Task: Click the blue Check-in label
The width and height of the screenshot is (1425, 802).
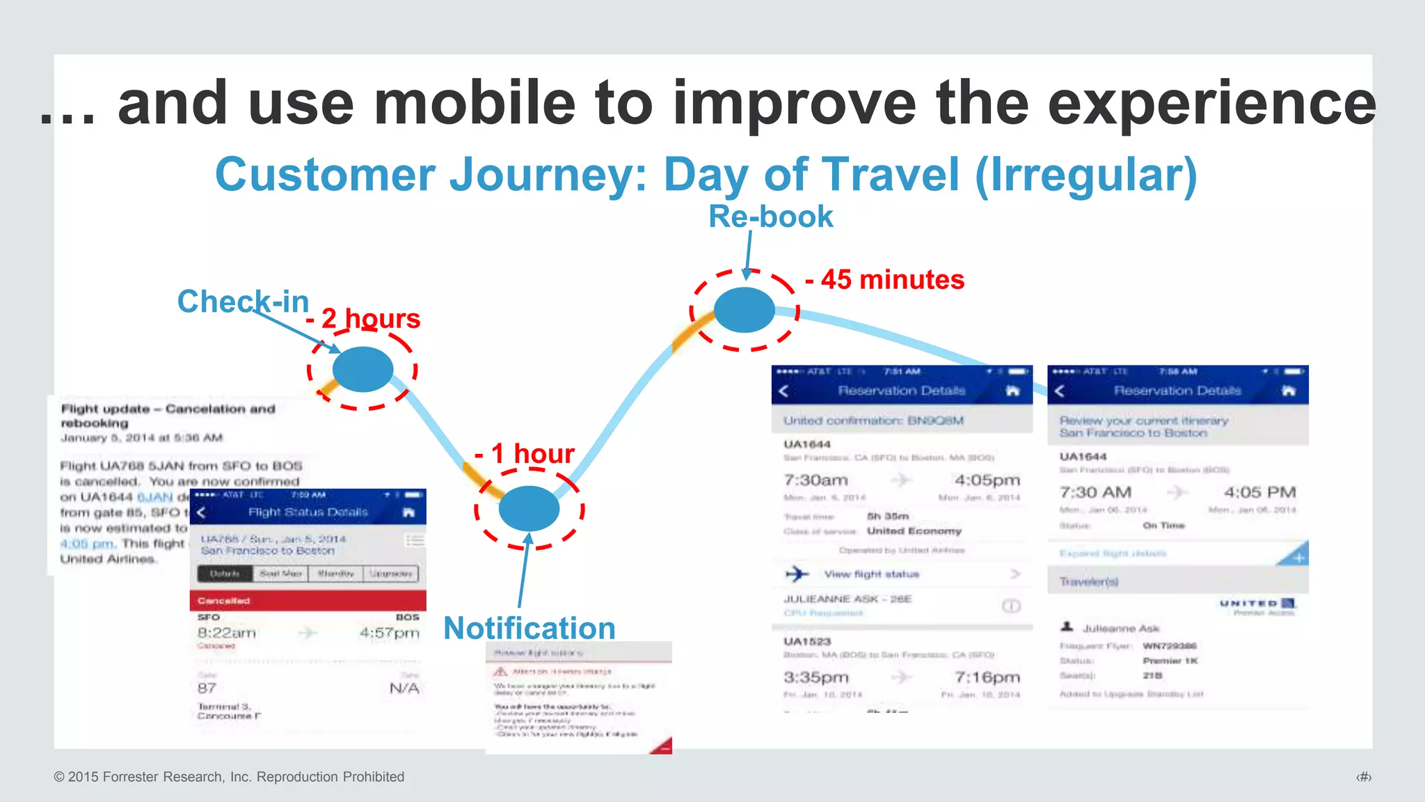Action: (x=243, y=301)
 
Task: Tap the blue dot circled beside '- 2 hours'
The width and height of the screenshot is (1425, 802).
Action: (x=363, y=369)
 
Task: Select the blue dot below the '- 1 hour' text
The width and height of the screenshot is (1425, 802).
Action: (x=529, y=508)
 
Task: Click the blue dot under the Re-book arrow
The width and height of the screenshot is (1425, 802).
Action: (x=744, y=310)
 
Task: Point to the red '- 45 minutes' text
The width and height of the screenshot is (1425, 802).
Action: (x=885, y=280)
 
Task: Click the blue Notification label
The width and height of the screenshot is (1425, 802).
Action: (x=530, y=628)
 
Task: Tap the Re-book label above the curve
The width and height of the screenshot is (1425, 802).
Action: (x=770, y=217)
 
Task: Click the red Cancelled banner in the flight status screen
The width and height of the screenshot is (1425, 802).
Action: (x=308, y=600)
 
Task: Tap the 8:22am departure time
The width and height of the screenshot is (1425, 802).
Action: (x=227, y=633)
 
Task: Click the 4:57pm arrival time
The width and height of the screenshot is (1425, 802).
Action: (x=389, y=633)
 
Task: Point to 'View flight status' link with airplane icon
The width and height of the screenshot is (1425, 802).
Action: (x=871, y=574)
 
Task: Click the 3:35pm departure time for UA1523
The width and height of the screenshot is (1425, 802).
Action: (x=815, y=677)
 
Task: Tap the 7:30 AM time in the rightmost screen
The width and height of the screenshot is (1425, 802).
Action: (x=1095, y=492)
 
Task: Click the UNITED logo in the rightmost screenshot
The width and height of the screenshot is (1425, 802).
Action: (x=1257, y=603)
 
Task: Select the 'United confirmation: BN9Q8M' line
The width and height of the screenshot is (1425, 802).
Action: (x=873, y=420)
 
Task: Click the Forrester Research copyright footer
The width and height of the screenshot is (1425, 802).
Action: (x=229, y=777)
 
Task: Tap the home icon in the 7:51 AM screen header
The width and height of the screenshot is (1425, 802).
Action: (x=1012, y=391)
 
